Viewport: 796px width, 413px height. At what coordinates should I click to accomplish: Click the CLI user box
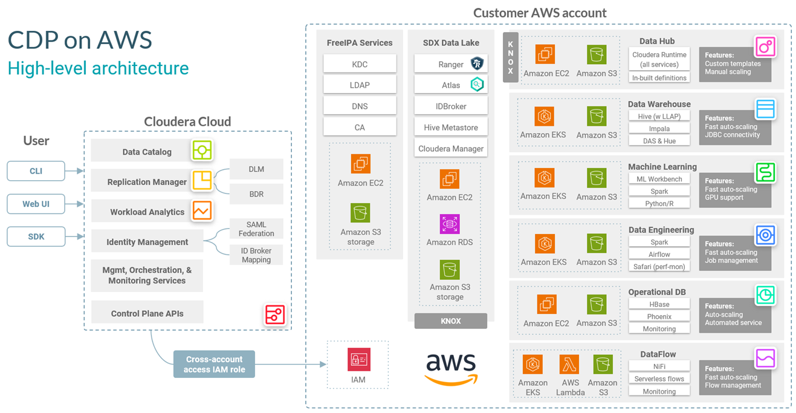click(x=36, y=171)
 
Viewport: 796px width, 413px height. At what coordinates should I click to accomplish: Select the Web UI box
click(x=36, y=204)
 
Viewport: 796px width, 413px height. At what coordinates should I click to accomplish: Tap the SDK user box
click(x=36, y=236)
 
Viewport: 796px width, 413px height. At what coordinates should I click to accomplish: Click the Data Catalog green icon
click(x=202, y=150)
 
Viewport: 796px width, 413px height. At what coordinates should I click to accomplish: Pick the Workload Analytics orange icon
click(x=202, y=210)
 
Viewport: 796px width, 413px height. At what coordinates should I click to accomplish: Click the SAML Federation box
click(x=256, y=229)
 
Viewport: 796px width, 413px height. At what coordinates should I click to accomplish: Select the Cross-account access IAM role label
click(x=214, y=365)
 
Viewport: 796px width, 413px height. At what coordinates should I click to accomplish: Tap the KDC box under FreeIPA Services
click(x=360, y=64)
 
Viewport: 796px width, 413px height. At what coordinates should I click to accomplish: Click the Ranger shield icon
click(x=477, y=63)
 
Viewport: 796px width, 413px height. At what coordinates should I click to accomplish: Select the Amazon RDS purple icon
click(x=450, y=224)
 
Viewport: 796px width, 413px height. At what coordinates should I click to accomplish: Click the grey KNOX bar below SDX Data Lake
click(x=451, y=321)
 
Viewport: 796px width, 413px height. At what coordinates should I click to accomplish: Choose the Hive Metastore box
click(x=450, y=128)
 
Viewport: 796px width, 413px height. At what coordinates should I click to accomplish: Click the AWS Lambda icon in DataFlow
click(x=569, y=365)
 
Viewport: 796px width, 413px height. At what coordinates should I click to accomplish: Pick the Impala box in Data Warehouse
click(x=659, y=129)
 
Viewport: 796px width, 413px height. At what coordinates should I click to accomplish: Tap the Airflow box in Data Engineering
click(x=659, y=255)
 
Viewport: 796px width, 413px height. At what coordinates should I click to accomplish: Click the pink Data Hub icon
click(x=765, y=47)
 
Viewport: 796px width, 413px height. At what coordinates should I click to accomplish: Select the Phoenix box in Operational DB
click(x=659, y=317)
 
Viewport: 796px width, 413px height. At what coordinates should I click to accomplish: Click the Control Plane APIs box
click(x=147, y=313)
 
